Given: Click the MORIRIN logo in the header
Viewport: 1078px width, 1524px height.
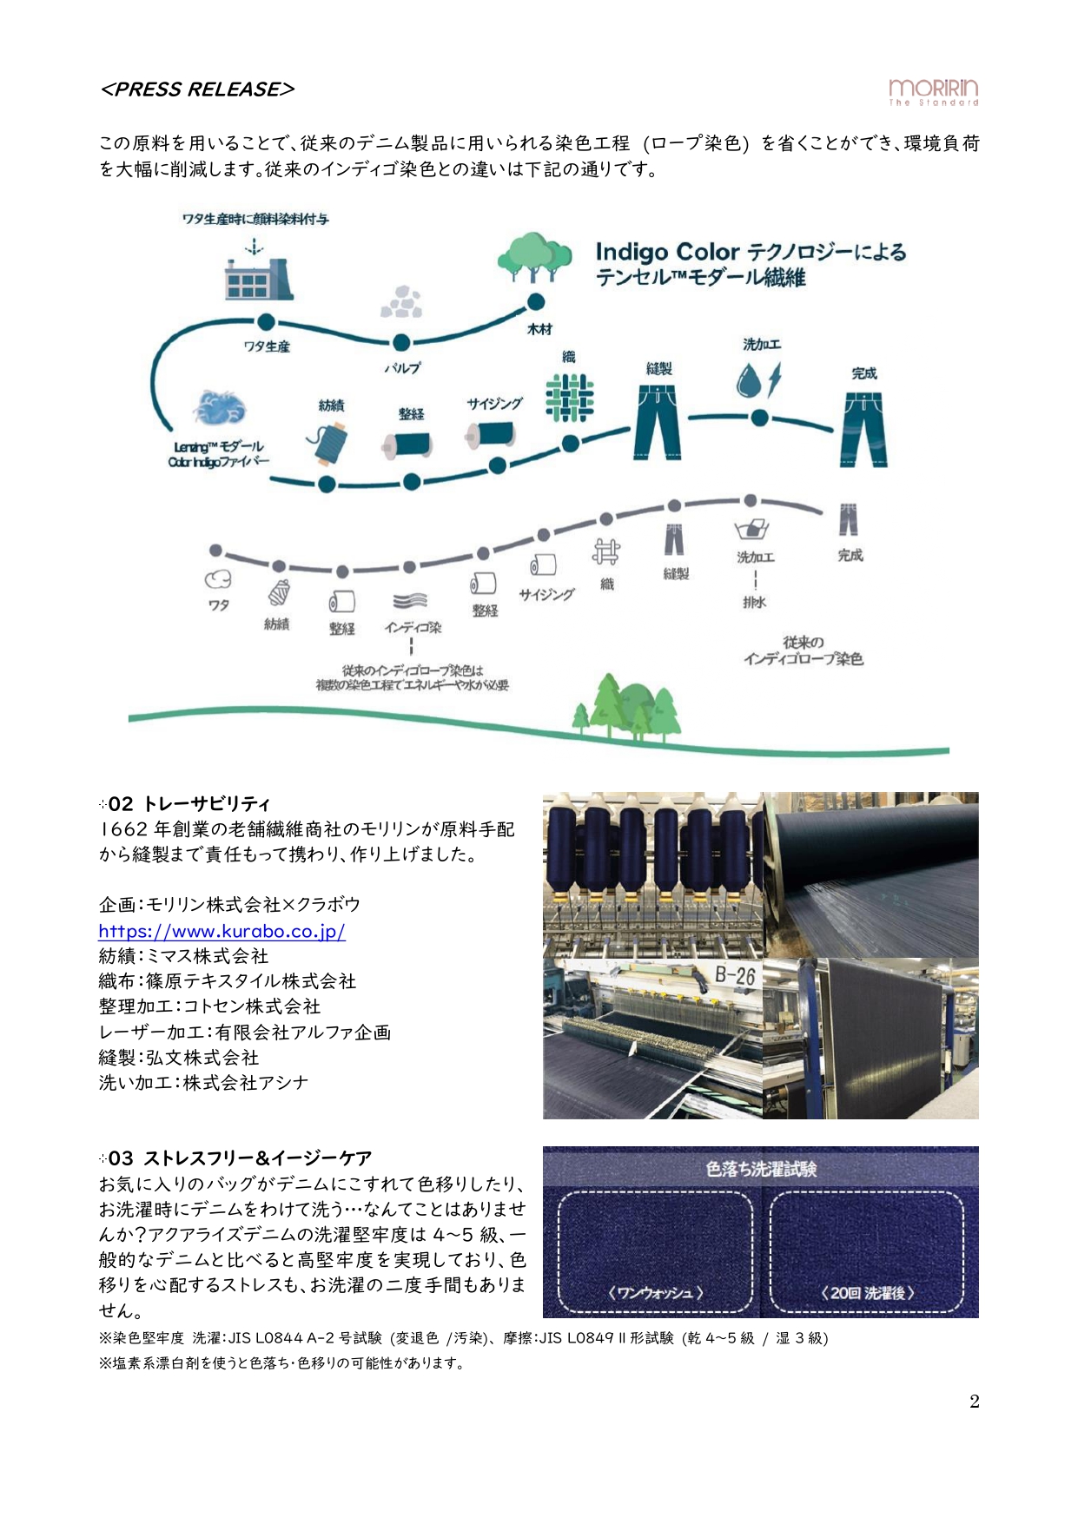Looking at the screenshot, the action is [x=933, y=91].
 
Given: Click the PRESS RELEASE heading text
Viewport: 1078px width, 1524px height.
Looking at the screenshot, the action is [x=197, y=89].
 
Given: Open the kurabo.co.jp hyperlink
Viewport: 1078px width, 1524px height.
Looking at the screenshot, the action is [x=222, y=931].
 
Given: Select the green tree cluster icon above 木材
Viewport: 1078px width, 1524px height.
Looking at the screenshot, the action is [x=534, y=257].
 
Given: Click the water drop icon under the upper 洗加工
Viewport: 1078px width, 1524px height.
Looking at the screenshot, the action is [x=748, y=379].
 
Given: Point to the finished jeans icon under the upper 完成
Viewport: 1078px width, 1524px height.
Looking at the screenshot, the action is [x=863, y=429].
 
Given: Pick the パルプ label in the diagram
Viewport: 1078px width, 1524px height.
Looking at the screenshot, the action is [x=401, y=368].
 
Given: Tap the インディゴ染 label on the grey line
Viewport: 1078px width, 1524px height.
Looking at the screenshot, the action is [x=413, y=627].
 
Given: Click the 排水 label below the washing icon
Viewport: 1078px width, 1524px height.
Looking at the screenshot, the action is [x=754, y=602].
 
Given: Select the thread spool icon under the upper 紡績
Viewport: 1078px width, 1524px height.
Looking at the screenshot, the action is [x=328, y=441].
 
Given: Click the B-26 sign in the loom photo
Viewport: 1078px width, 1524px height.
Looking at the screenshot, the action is [x=734, y=975].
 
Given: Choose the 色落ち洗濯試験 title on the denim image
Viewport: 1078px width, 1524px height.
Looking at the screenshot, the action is [x=761, y=1169].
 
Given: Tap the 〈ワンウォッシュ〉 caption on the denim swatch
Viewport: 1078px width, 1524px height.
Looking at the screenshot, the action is [x=655, y=1292].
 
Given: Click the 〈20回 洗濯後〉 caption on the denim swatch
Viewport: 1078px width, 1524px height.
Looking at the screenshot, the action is [x=867, y=1292].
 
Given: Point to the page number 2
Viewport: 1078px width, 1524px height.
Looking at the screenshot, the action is [x=974, y=1401].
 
